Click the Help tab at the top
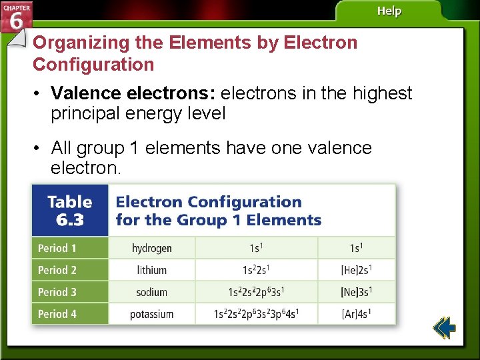(x=389, y=11)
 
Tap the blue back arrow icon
(x=443, y=328)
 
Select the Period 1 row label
(x=57, y=249)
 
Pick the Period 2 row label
(x=57, y=271)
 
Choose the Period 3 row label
(x=57, y=292)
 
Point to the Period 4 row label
(x=57, y=314)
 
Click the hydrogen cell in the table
(x=151, y=249)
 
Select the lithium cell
(x=151, y=271)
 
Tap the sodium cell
(x=151, y=292)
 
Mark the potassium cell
(x=151, y=314)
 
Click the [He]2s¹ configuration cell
(x=357, y=271)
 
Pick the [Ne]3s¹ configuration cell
(x=357, y=292)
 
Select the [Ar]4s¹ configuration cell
(x=357, y=314)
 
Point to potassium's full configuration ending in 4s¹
(x=257, y=314)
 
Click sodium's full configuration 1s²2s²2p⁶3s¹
(x=257, y=292)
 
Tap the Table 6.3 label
(x=69, y=210)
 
